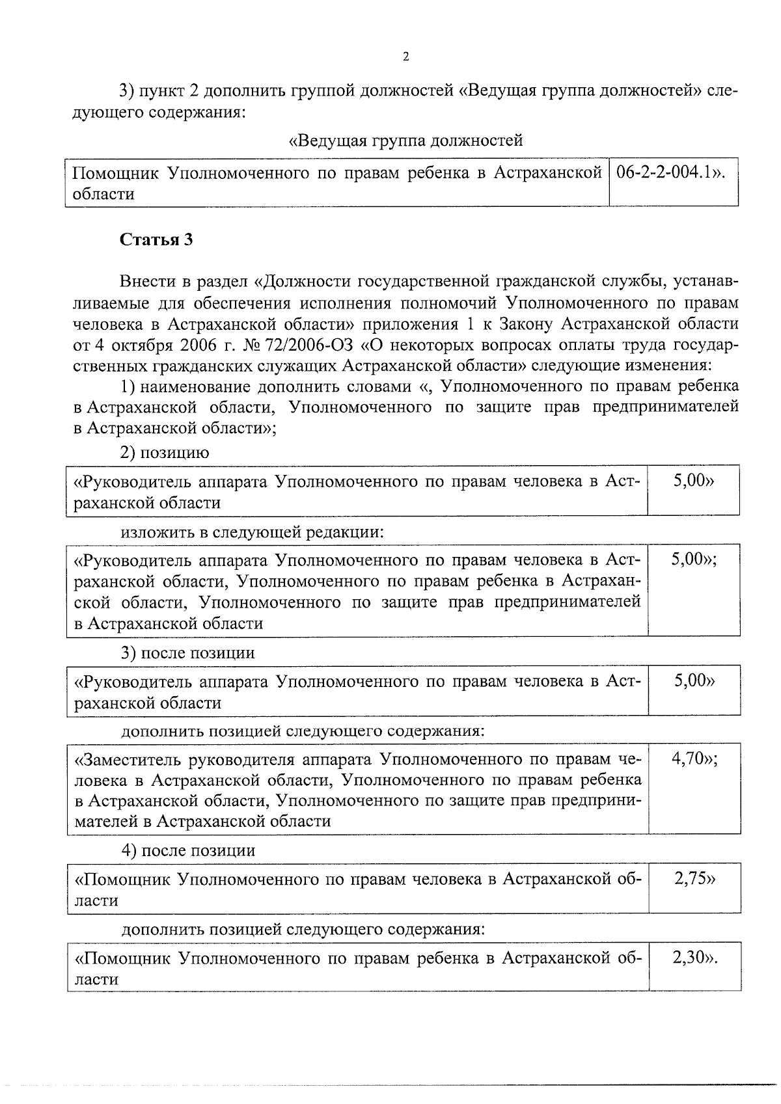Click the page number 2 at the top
[x=406, y=57]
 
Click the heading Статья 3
[x=156, y=240]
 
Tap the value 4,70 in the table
[x=689, y=759]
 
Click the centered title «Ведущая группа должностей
[x=405, y=140]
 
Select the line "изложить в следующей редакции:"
[x=253, y=532]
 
